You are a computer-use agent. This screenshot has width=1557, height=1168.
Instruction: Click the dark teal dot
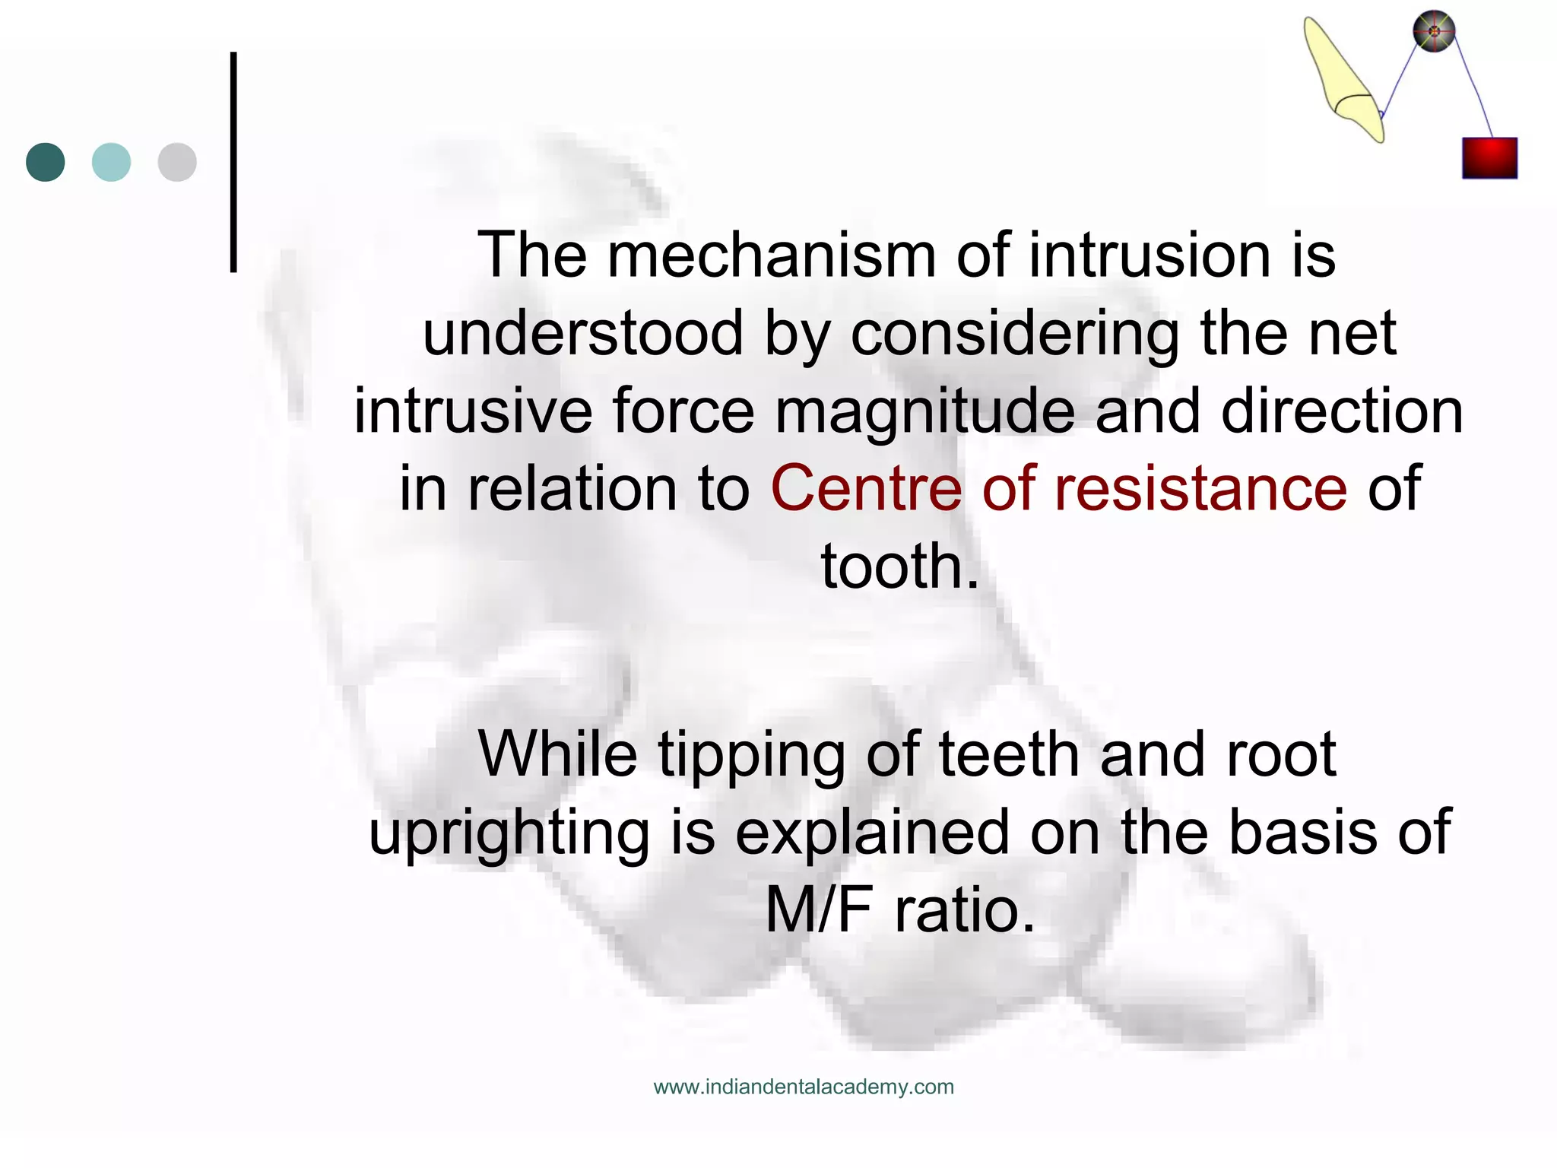(x=46, y=162)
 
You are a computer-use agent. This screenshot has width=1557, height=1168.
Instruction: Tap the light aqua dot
(x=111, y=162)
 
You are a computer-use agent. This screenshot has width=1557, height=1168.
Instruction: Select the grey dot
(x=177, y=162)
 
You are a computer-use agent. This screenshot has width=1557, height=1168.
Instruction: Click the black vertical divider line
(x=233, y=162)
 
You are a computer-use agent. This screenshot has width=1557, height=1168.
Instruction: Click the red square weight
(x=1489, y=158)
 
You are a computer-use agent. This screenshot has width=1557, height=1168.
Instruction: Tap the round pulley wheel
(x=1434, y=32)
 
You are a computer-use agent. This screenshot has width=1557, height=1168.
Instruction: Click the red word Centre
(x=866, y=488)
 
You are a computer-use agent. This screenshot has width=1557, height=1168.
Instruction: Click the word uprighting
(x=509, y=834)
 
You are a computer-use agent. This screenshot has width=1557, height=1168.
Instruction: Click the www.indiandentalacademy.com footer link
(x=804, y=1087)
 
